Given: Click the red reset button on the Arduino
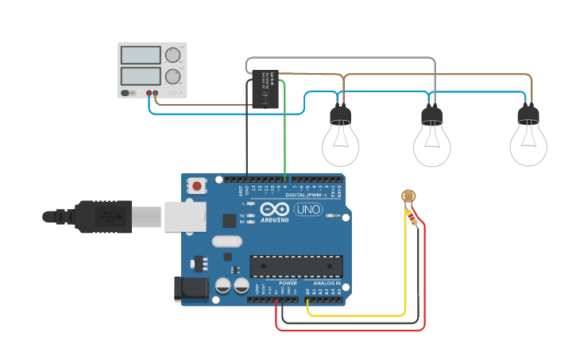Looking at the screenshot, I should point(195,186).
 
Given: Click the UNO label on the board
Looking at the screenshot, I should point(307,210).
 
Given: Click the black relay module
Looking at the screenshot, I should point(265,89).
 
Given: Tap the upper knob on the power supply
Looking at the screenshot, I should point(172,55).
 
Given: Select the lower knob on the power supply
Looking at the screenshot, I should point(172,77).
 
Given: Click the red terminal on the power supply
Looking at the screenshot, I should point(149,93).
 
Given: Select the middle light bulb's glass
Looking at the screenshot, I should point(431,145).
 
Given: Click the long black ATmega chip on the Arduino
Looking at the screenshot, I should point(296,267).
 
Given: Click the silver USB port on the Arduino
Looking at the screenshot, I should point(184,215).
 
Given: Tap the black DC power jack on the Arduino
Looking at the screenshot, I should point(191,290).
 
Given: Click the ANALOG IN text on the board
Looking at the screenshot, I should point(327,284).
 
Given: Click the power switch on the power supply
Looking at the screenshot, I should point(126,93).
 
